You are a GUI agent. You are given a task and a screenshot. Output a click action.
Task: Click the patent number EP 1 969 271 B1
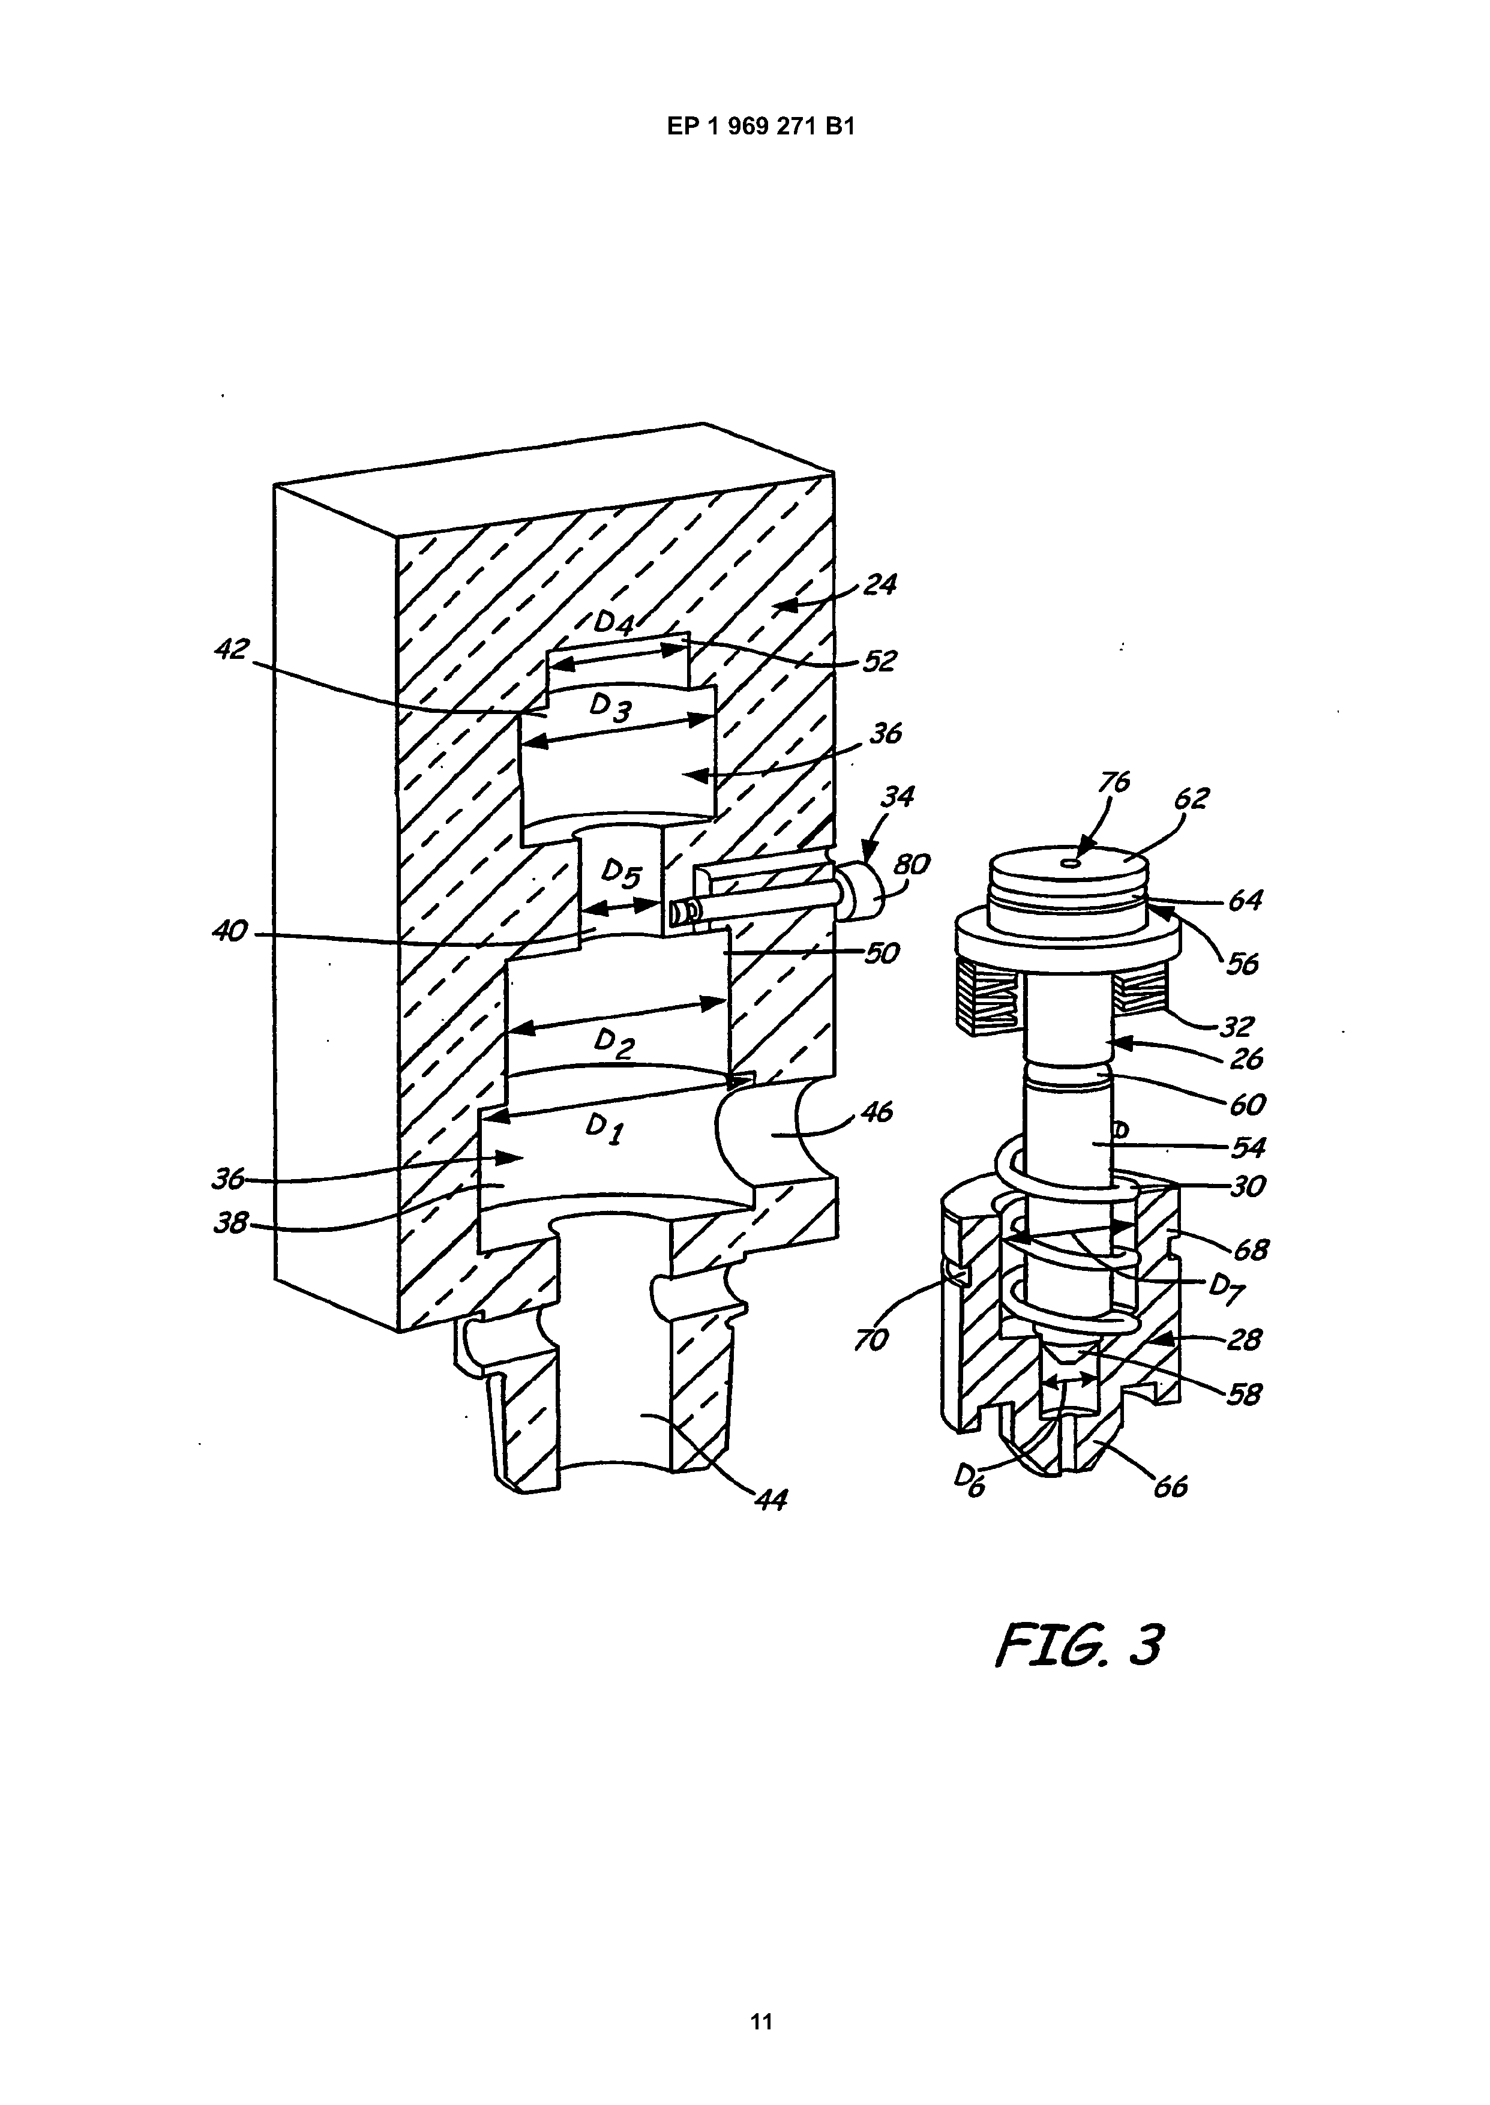[x=760, y=127]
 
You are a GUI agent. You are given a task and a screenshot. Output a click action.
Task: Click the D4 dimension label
[x=614, y=623]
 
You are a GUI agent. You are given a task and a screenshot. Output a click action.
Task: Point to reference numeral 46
[x=876, y=1114]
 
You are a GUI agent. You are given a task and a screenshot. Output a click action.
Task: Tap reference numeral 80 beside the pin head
[x=912, y=864]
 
